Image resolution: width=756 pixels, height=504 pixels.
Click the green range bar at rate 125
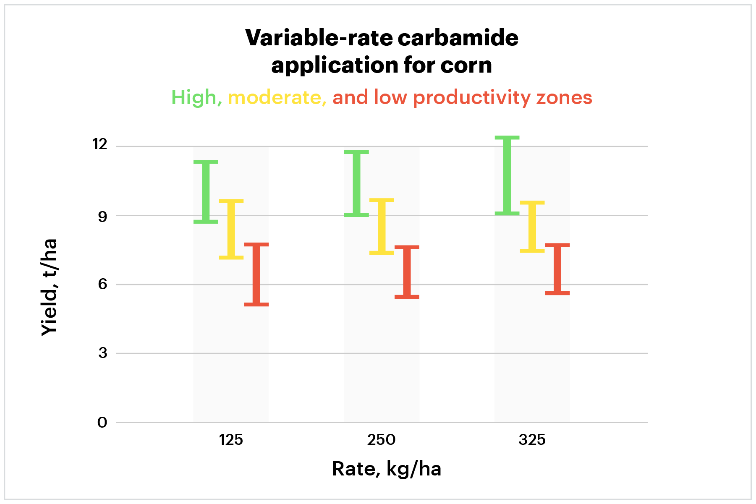coord(206,192)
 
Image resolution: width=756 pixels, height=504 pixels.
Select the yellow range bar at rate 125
coord(231,229)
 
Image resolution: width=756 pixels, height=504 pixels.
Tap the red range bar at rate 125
coord(256,274)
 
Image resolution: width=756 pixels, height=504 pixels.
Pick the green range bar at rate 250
coord(356,183)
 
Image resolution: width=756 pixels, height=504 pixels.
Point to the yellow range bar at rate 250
coord(382,226)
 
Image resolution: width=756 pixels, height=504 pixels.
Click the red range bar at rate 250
coord(407,272)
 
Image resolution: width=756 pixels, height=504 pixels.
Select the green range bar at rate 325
coord(507,176)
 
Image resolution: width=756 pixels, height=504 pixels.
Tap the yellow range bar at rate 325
coord(532,227)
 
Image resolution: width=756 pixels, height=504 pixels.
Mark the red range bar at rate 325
coord(557,269)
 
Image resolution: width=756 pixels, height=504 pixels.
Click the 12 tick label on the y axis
coord(100,144)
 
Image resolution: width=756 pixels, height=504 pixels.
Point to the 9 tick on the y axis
coord(102,217)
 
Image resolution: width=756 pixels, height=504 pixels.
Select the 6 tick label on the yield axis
coord(102,285)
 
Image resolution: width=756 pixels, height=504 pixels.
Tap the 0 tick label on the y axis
coord(102,423)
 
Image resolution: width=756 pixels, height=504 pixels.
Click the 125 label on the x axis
coord(231,440)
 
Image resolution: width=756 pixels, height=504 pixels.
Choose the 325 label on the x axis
coord(532,440)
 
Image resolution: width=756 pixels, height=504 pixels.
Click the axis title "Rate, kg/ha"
coord(387,469)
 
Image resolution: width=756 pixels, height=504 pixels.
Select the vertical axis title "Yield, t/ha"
coord(49,287)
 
